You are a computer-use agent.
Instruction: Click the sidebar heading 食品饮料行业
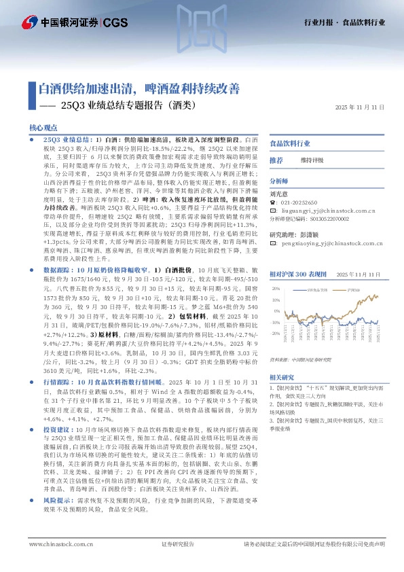pos(290,144)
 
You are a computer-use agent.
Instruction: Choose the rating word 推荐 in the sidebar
pos(276,160)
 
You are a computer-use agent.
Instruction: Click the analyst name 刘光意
pos(280,194)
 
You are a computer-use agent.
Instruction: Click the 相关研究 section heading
pos(281,377)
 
